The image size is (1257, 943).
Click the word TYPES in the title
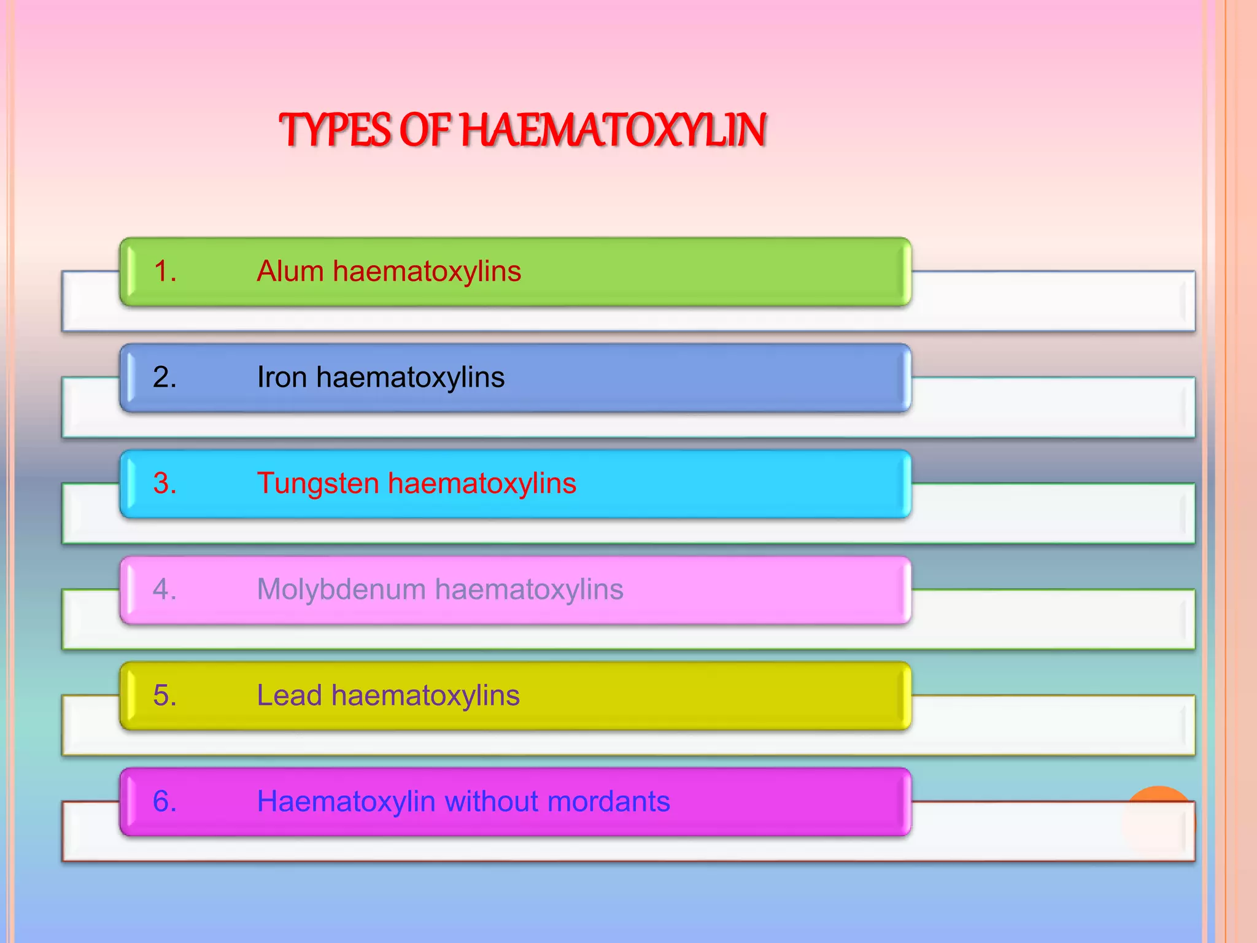coord(335,130)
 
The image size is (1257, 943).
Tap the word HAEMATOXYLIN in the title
coord(613,130)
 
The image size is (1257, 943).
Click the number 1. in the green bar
coord(164,271)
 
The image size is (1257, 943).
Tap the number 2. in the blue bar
coord(164,377)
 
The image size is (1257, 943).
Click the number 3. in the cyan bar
coord(164,483)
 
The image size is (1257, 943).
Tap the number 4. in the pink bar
coord(164,589)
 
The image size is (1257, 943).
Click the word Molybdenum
coord(341,589)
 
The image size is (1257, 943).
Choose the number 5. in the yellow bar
coord(164,696)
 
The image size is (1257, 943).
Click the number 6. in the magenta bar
coord(164,802)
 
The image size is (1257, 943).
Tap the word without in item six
coord(490,802)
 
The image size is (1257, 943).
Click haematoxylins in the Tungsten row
coord(482,484)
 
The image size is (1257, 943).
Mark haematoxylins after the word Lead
coord(425,696)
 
